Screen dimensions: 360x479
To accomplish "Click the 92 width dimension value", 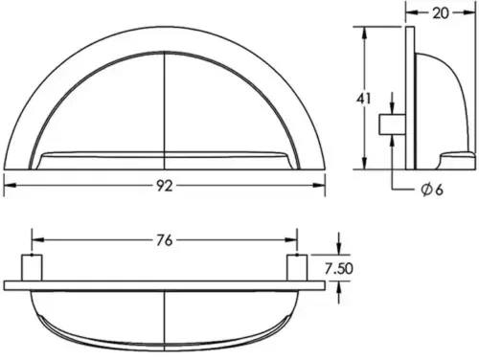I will point(165,187).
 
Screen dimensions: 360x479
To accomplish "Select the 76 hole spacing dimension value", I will point(165,241).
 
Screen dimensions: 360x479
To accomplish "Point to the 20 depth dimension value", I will point(441,12).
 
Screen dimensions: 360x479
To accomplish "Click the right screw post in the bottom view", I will point(297,268).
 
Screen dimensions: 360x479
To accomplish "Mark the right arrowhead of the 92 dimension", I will point(322,187).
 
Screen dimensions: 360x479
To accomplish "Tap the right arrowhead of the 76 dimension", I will point(292,241).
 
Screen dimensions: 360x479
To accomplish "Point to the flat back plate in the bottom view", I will point(165,284).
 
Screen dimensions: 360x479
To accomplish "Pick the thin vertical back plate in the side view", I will point(408,96).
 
